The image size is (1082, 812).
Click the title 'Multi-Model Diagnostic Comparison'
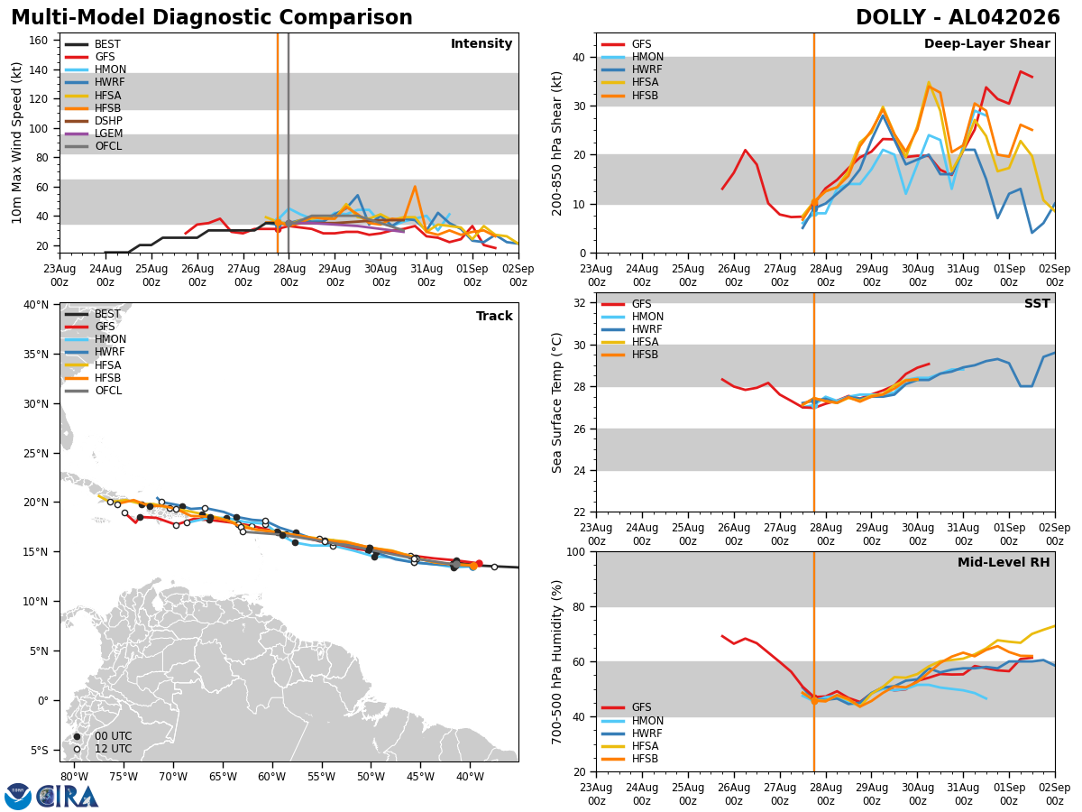[212, 17]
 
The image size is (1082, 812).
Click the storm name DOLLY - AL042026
[958, 17]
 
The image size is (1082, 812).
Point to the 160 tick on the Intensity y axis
[39, 41]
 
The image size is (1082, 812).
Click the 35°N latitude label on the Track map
[36, 355]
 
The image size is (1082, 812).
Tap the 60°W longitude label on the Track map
[271, 777]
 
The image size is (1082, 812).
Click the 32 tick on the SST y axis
[579, 303]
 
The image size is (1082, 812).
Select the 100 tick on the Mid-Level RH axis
[576, 551]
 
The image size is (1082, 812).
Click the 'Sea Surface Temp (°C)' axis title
[556, 403]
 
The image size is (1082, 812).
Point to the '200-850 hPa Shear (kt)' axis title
[556, 144]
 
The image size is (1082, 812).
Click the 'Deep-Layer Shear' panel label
[986, 43]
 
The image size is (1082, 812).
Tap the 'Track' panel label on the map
[494, 316]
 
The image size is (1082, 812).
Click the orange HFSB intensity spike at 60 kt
[415, 187]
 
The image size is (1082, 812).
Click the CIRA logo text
[68, 797]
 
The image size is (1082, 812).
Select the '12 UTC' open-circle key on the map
[103, 749]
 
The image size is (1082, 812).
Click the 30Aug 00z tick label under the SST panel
[917, 534]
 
